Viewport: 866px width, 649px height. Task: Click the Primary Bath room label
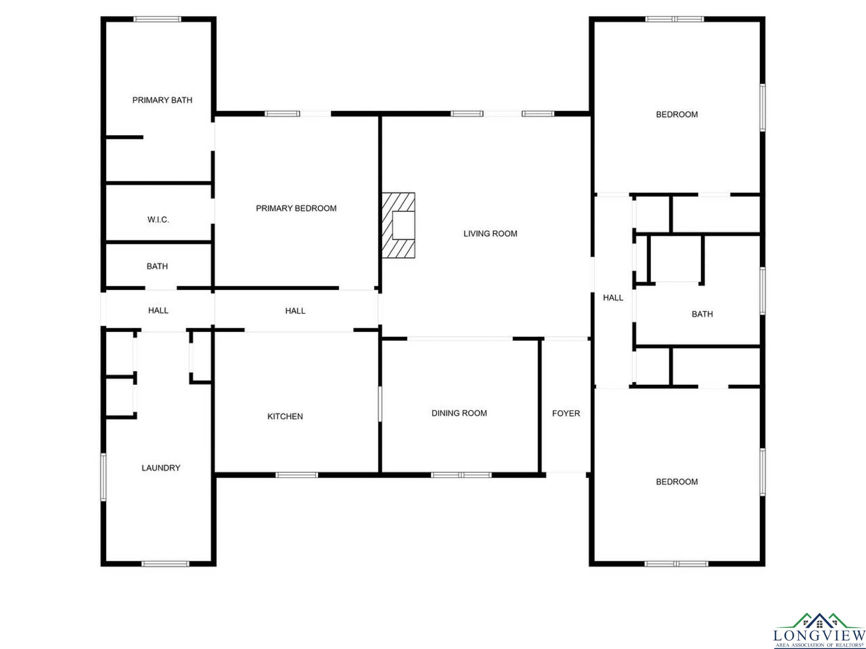point(162,100)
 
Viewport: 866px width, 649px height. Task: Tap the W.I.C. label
point(158,220)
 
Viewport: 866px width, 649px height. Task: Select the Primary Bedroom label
point(296,208)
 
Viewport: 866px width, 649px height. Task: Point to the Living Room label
point(490,234)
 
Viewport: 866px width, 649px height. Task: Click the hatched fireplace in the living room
point(398,225)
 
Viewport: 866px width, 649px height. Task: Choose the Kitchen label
point(285,417)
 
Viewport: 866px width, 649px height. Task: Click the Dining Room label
point(459,413)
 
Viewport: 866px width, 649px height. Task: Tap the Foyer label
point(566,414)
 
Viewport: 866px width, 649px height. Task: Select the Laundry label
point(161,468)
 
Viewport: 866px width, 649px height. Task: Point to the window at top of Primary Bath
point(157,19)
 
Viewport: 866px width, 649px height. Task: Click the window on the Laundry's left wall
point(103,477)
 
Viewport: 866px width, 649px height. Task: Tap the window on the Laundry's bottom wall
point(165,564)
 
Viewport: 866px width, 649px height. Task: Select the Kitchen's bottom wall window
point(296,475)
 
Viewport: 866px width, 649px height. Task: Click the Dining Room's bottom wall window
point(461,475)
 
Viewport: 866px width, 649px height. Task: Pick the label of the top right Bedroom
point(677,115)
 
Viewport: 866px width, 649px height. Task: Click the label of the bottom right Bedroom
point(677,482)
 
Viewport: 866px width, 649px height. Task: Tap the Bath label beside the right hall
point(702,314)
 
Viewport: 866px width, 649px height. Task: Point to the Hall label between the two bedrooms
point(613,298)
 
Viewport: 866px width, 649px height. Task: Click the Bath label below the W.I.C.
point(157,267)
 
